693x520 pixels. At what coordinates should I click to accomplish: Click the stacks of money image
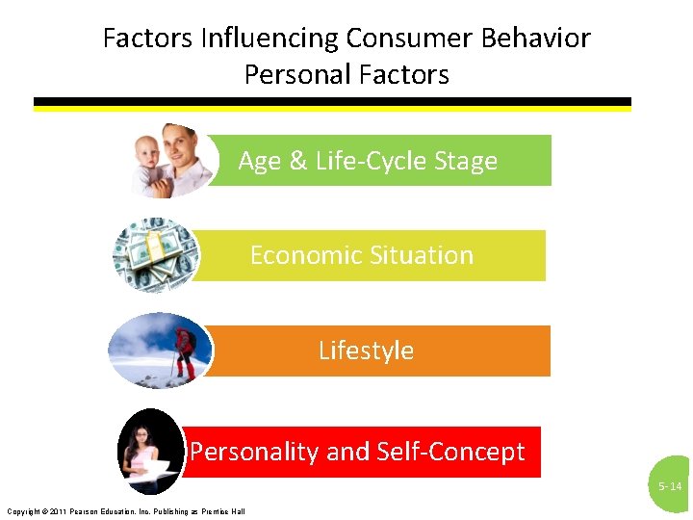[x=155, y=255]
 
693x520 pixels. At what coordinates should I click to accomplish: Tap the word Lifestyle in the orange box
[x=366, y=351]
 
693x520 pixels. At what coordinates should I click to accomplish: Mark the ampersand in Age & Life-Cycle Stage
[x=297, y=161]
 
